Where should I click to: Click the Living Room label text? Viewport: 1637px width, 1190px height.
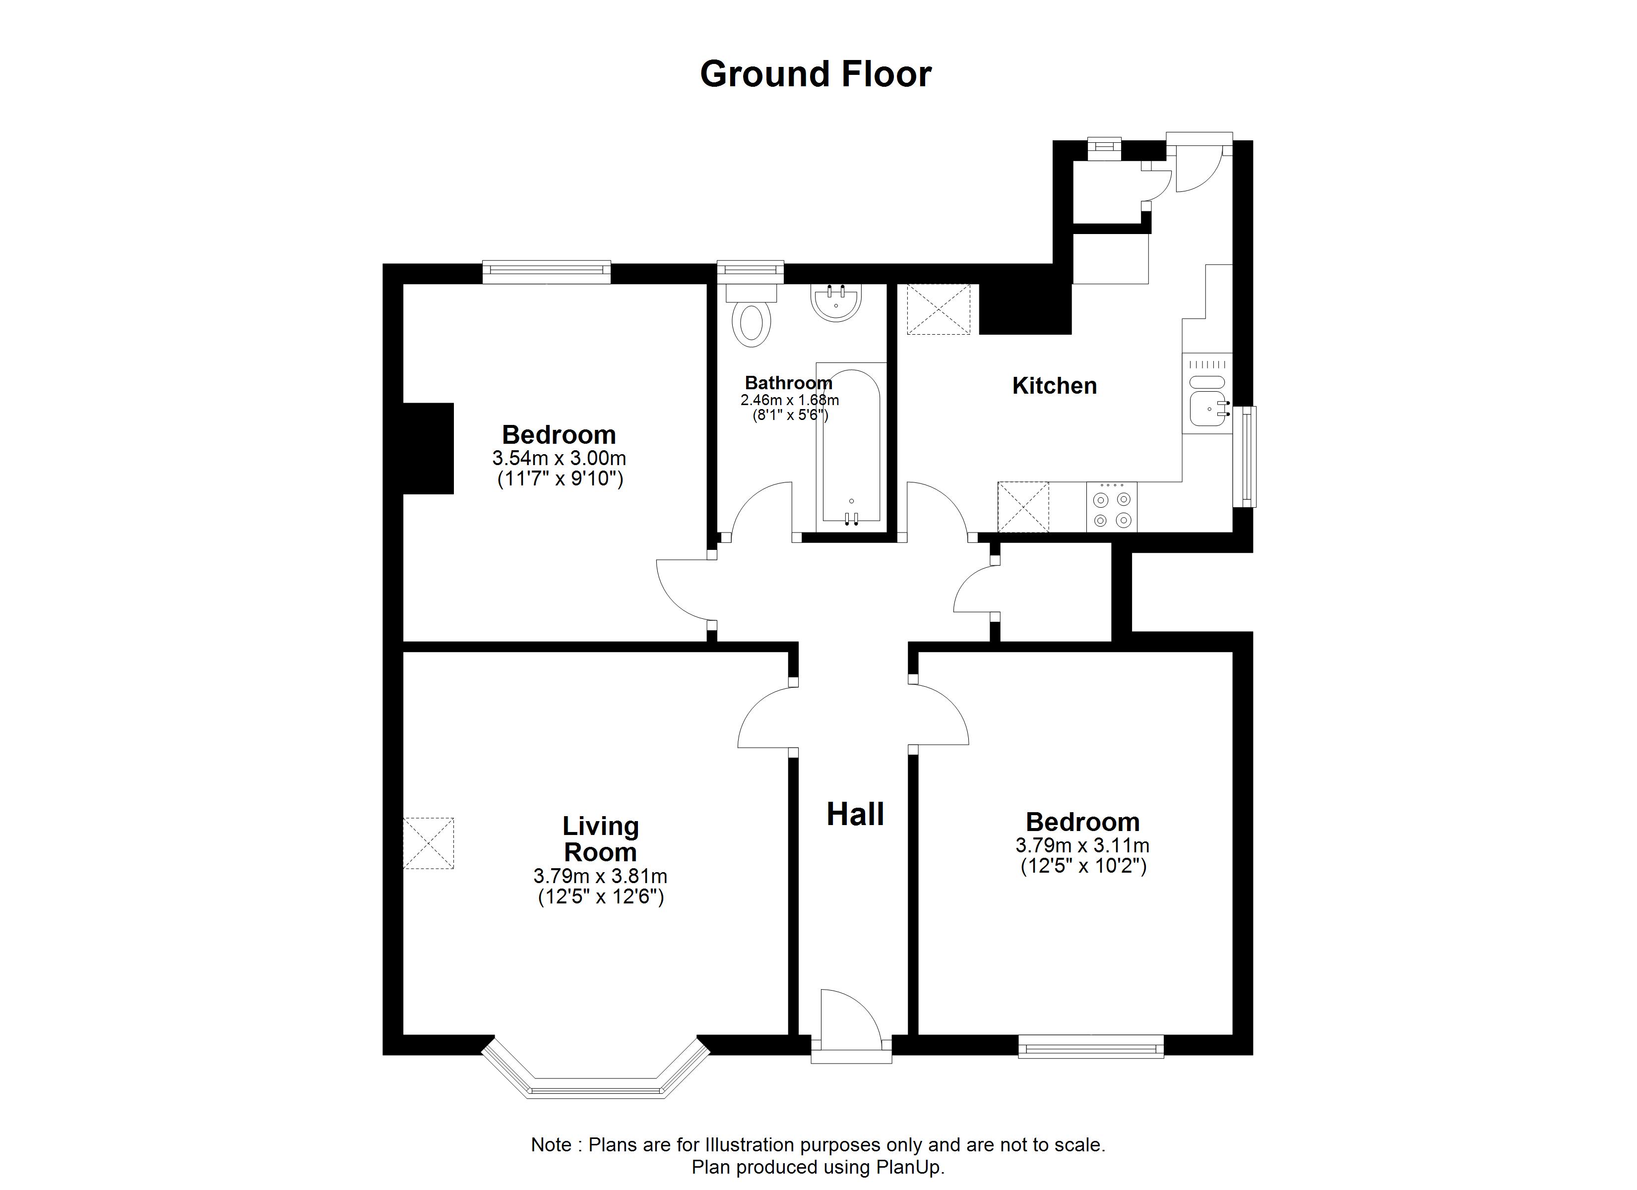click(x=601, y=839)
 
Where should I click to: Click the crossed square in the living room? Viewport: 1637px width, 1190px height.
click(x=428, y=843)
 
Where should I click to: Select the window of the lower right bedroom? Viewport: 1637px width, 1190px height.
click(x=1091, y=1046)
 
